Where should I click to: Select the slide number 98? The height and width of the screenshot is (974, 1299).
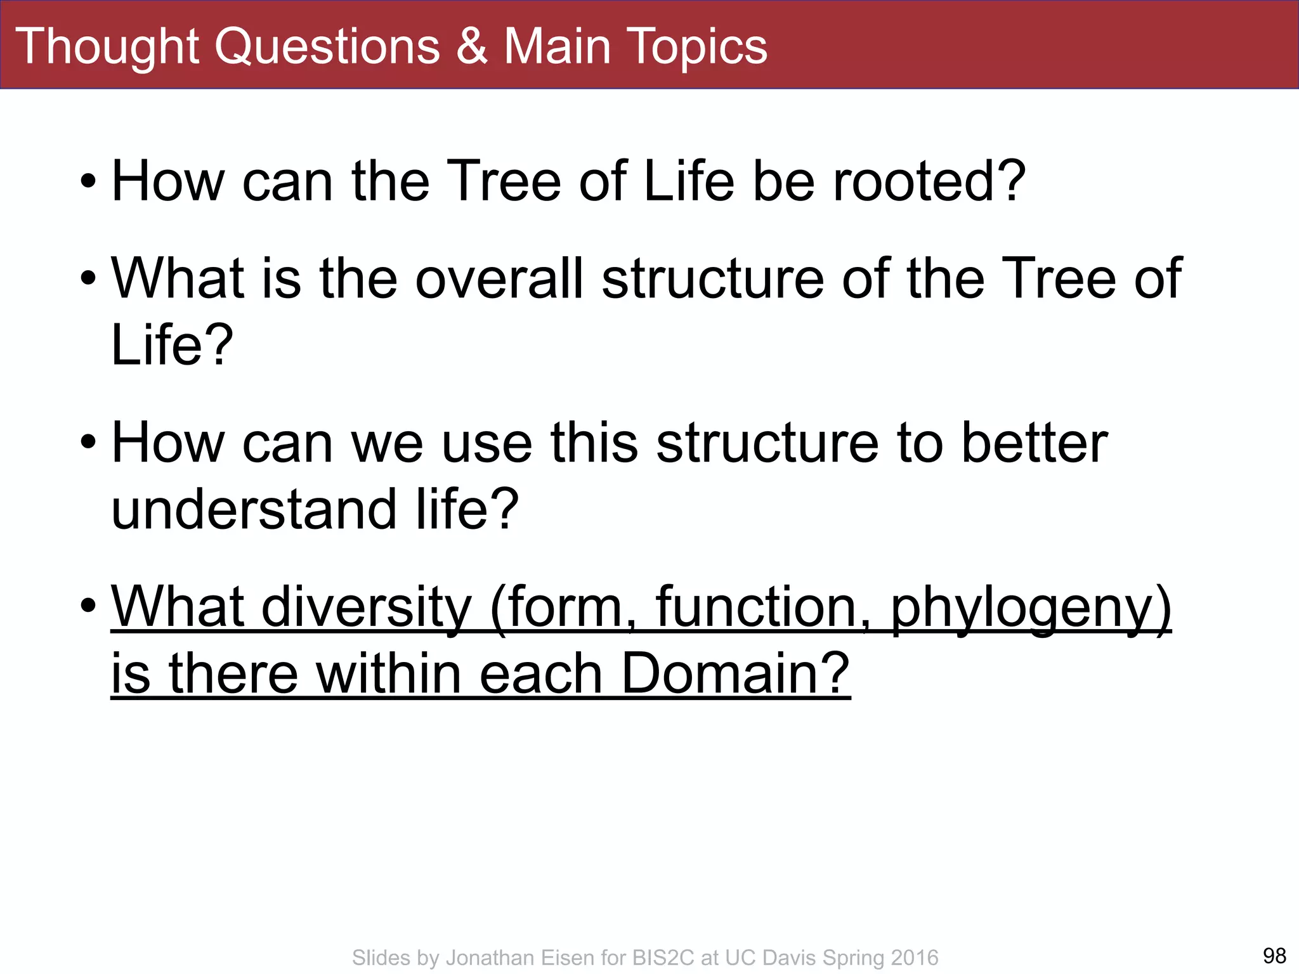[1274, 955]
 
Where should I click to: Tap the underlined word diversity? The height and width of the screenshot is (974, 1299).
[366, 607]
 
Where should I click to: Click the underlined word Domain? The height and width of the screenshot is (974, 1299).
[734, 673]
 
